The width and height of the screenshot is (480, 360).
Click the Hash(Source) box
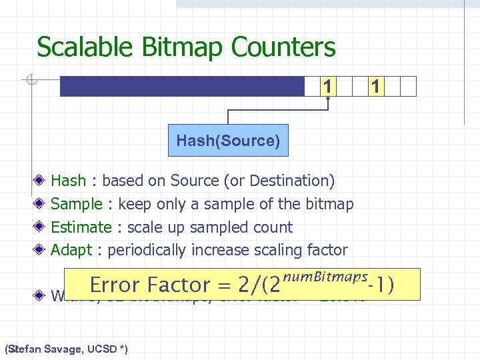coord(228,141)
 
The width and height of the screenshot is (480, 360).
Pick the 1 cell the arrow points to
coord(327,86)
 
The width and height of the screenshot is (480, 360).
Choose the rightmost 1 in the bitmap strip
coord(376,86)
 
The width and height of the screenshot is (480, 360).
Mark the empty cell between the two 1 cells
coord(351,86)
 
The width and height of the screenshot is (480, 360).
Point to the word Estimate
coord(81,227)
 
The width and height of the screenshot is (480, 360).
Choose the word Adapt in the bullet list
coord(71,251)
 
